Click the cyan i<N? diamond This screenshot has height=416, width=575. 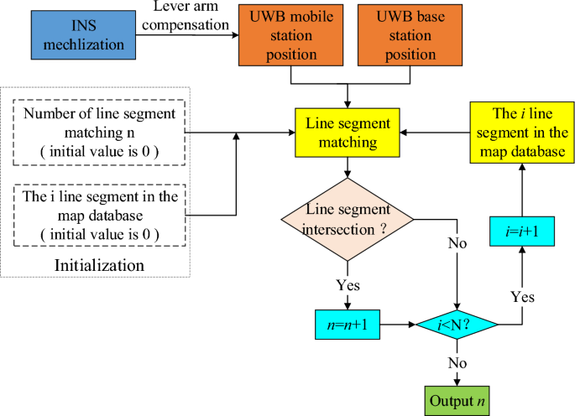coord(457,324)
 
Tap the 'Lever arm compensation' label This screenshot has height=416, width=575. coord(192,17)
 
